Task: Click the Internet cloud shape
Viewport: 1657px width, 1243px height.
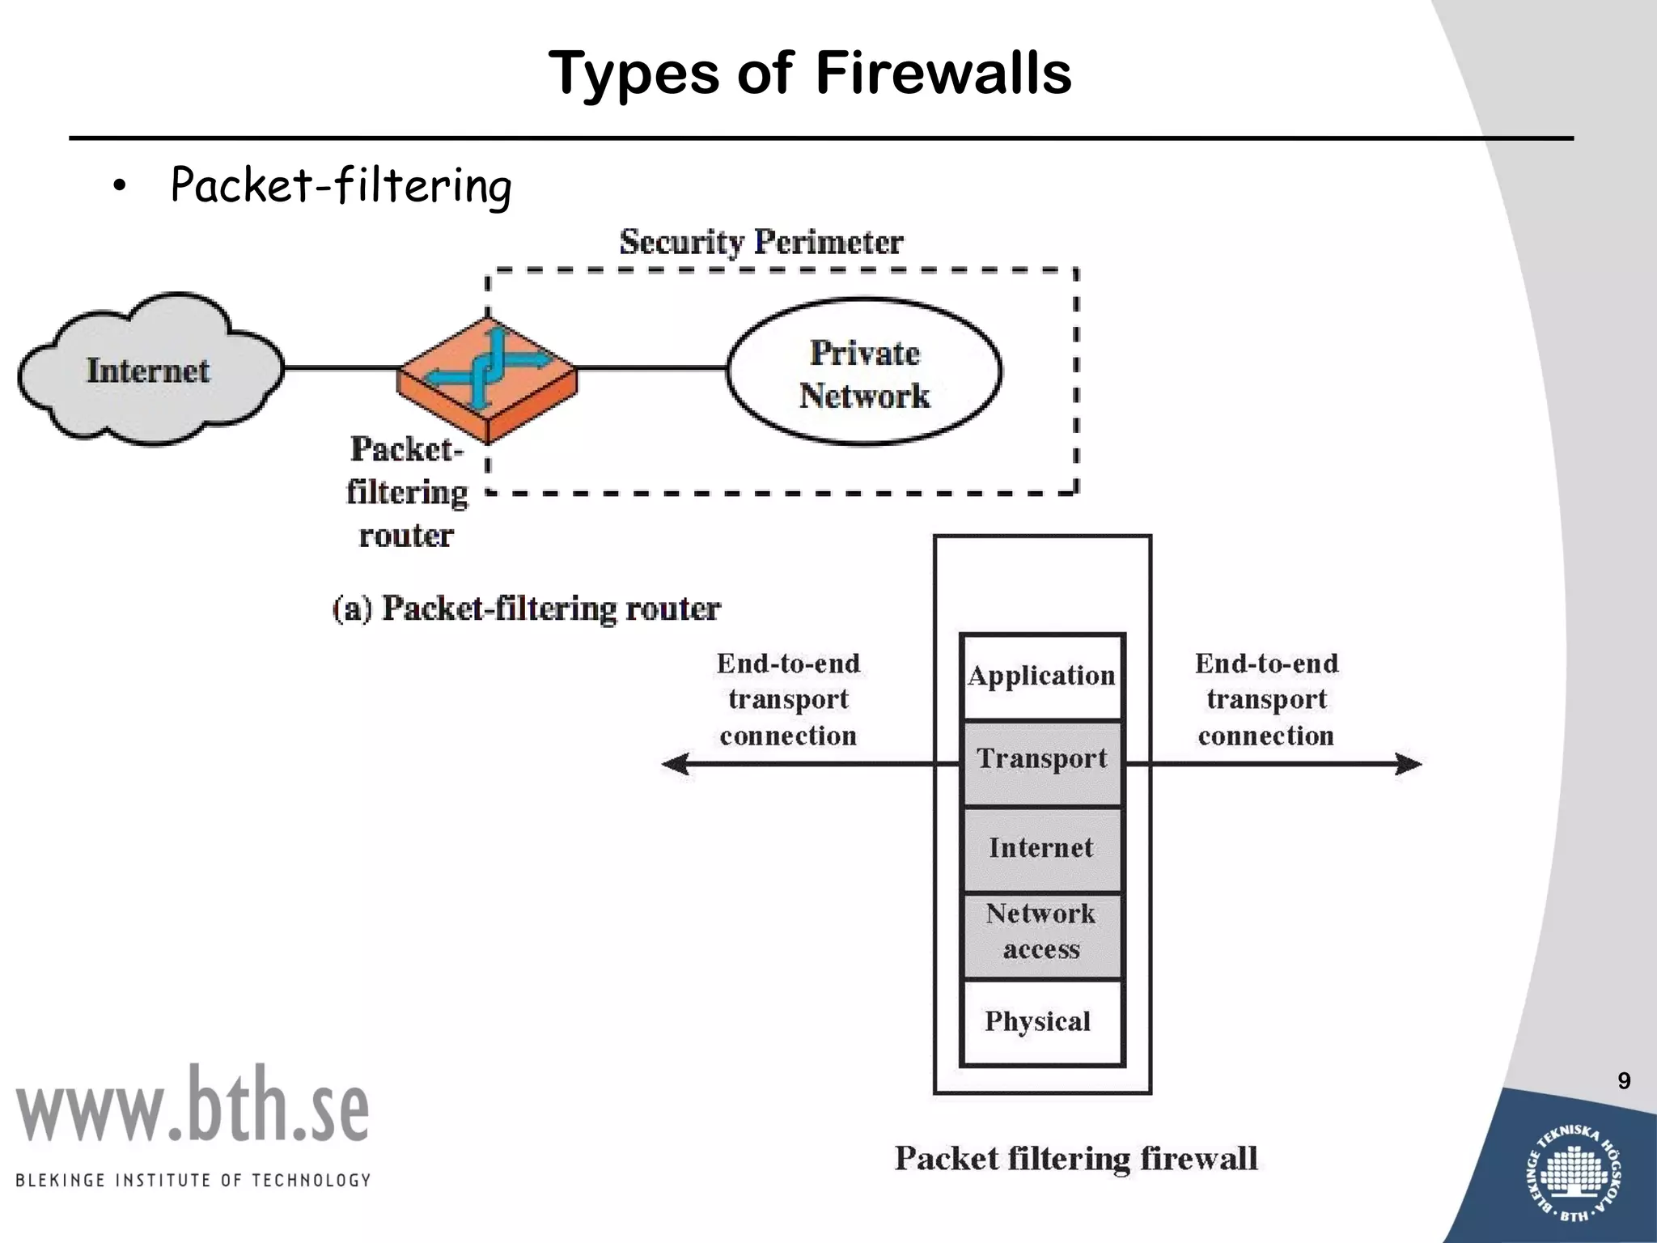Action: (150, 371)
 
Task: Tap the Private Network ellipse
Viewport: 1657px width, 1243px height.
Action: (864, 372)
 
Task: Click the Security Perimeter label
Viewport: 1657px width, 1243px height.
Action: (761, 242)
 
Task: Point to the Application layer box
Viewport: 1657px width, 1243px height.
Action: (1042, 677)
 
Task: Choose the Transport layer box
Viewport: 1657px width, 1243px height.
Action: (1042, 761)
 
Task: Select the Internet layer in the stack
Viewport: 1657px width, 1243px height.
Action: (1042, 848)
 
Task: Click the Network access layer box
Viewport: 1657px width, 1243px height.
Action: (1042, 932)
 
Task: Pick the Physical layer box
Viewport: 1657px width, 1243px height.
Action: (1040, 1021)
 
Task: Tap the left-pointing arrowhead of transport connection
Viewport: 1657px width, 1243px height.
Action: (676, 764)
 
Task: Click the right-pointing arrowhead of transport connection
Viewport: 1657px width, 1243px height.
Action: (1408, 764)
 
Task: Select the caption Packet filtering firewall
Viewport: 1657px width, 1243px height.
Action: (1076, 1158)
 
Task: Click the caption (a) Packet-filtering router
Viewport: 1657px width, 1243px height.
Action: (526, 609)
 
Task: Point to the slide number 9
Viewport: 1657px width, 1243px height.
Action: (1624, 1081)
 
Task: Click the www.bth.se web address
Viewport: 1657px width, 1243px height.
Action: (193, 1105)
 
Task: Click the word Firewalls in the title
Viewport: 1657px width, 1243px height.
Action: (943, 73)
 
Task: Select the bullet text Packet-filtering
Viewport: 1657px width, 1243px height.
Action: (341, 185)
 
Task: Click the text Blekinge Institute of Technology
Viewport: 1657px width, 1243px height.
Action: (193, 1180)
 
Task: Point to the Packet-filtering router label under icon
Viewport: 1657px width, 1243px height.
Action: (407, 492)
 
